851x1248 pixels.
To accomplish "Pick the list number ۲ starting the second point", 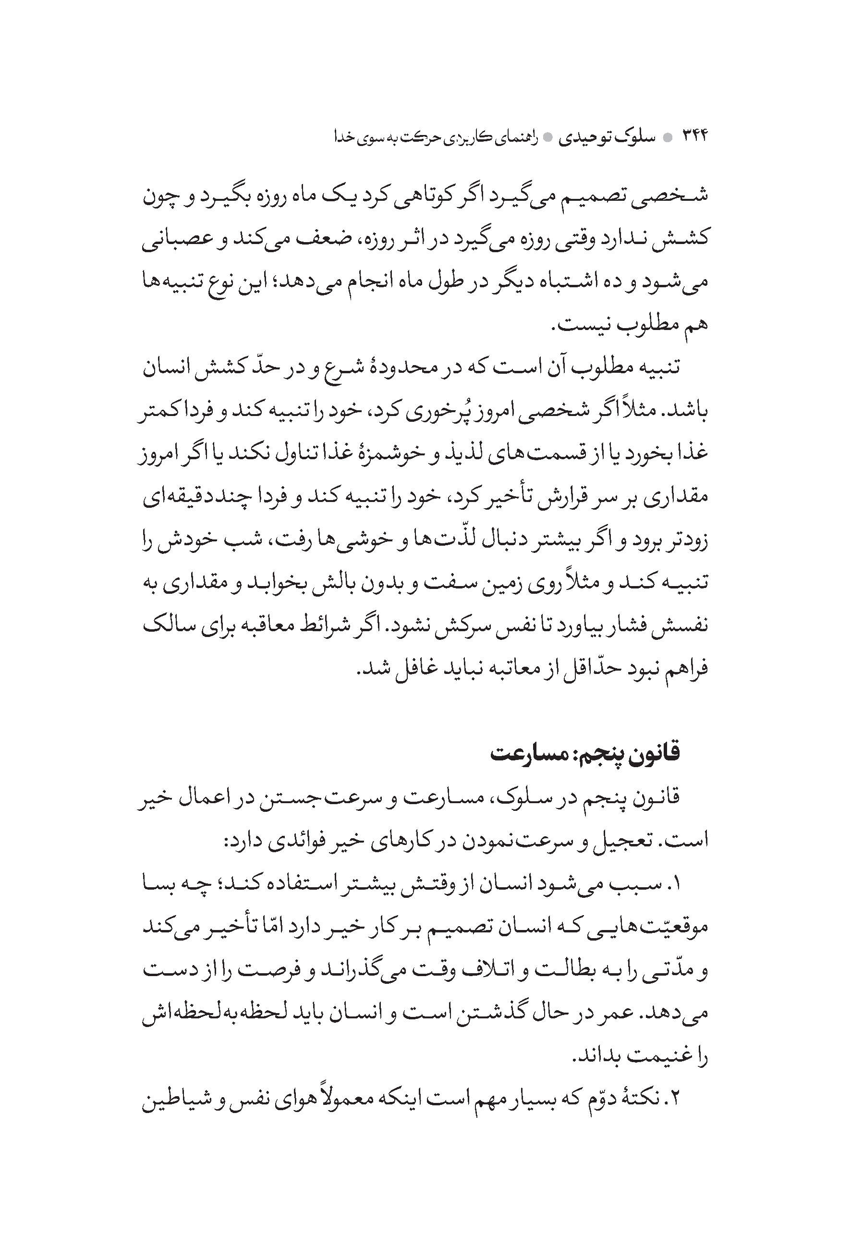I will click(x=674, y=1098).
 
